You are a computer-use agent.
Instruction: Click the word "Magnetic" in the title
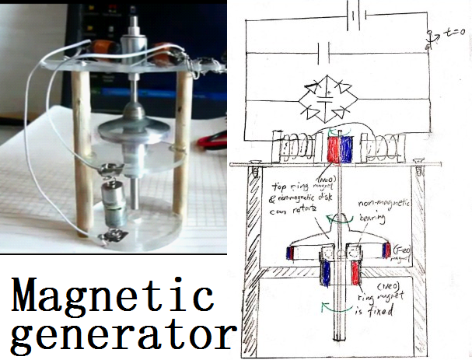pos(113,297)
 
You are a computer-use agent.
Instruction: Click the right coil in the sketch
pos(386,147)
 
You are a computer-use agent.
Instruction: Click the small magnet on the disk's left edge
pos(291,253)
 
